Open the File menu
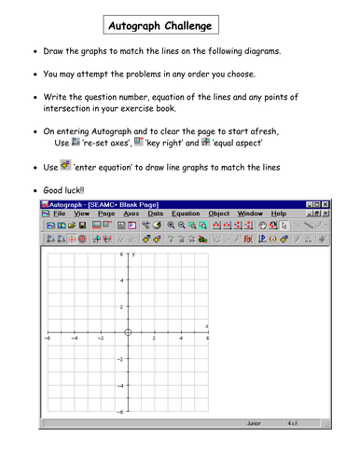click(x=60, y=213)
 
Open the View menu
click(x=82, y=213)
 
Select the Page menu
click(x=106, y=213)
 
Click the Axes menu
click(x=132, y=213)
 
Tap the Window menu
click(x=250, y=213)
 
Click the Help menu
click(x=279, y=213)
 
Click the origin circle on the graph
click(x=128, y=333)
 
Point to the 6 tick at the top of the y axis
click(x=122, y=254)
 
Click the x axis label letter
click(x=206, y=325)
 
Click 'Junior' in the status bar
click(x=254, y=422)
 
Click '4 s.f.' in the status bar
click(x=293, y=422)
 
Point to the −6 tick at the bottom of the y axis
click(x=120, y=411)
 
